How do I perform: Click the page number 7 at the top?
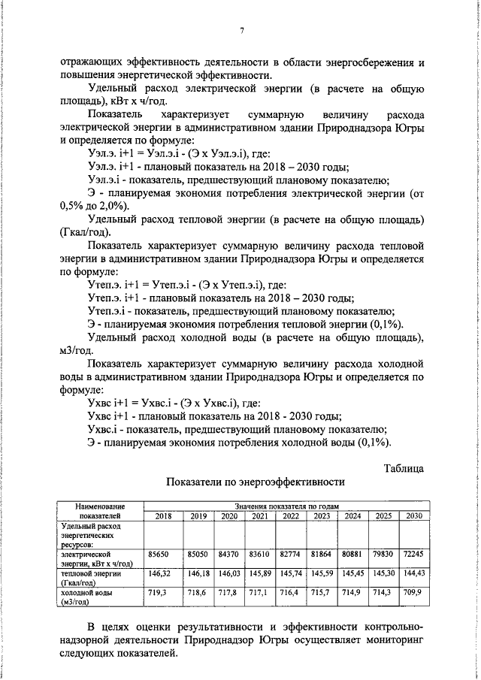click(241, 30)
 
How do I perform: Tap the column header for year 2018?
click(162, 515)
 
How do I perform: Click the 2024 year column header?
click(352, 515)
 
